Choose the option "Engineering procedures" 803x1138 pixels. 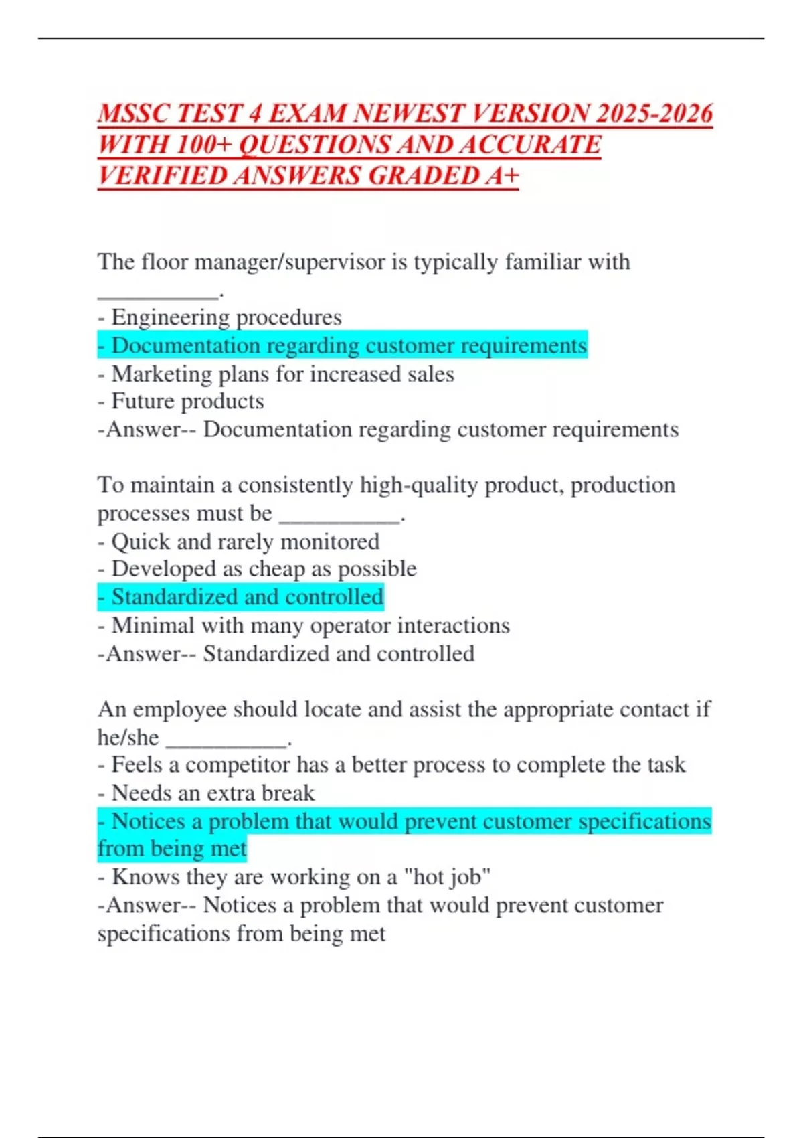coord(226,317)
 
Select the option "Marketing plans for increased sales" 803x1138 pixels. coord(282,374)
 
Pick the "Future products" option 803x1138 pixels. coord(187,401)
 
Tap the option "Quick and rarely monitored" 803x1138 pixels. coord(245,541)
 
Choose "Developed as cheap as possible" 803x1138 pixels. coord(264,569)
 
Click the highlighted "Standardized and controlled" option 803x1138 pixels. coord(247,597)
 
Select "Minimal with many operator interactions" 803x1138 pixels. coord(310,625)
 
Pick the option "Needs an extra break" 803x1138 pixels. coord(213,793)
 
